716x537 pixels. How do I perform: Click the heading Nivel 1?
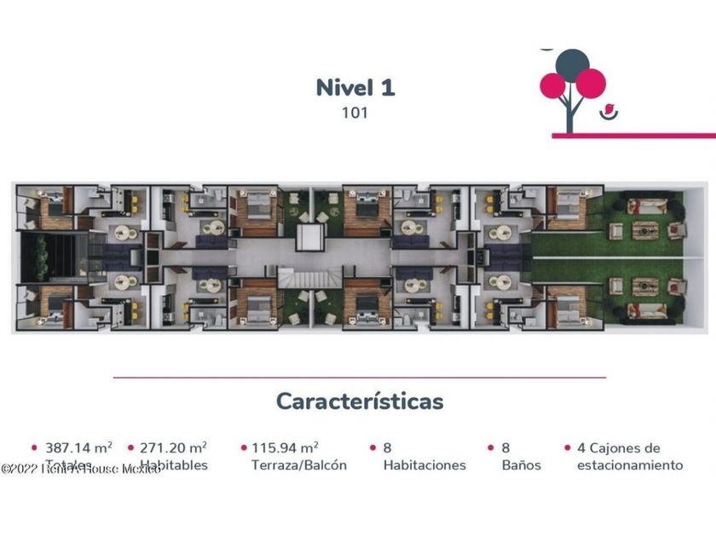click(355, 87)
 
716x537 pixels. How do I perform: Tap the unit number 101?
click(355, 112)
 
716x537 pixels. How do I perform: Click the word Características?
click(360, 401)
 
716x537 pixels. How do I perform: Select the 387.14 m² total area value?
click(78, 447)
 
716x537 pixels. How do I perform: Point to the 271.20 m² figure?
click(173, 447)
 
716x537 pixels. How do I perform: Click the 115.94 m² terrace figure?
click(285, 447)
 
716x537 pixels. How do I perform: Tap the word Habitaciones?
click(424, 465)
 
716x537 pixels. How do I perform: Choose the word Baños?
click(521, 465)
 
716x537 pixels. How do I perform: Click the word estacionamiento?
click(630, 465)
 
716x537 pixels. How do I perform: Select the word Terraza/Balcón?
click(298, 465)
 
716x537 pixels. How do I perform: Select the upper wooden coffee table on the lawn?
click(645, 230)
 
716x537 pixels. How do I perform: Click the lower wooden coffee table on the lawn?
click(645, 286)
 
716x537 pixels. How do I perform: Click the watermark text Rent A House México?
click(81, 469)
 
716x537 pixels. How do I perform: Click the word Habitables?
click(174, 465)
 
